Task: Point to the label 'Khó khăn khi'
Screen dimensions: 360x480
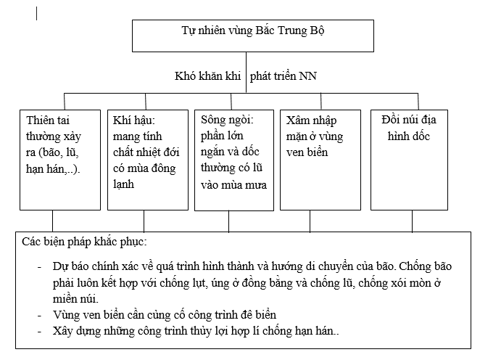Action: point(210,75)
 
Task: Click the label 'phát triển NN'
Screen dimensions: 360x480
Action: point(284,75)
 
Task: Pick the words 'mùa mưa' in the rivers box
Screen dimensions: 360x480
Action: point(244,184)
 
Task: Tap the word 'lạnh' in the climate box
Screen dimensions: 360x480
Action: point(123,184)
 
